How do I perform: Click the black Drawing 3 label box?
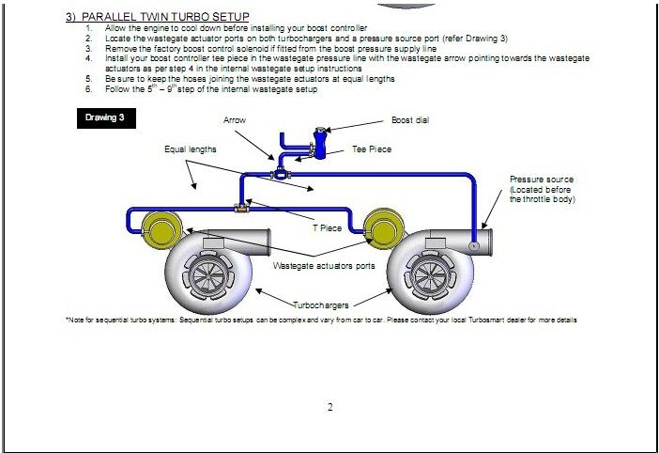coord(105,119)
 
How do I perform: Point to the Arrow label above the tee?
coord(235,121)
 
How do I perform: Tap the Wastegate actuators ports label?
coord(324,266)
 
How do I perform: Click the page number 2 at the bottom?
coord(330,407)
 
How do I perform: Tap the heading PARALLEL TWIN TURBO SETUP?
coord(164,17)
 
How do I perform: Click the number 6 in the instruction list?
coord(87,89)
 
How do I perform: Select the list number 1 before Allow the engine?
coord(87,29)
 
